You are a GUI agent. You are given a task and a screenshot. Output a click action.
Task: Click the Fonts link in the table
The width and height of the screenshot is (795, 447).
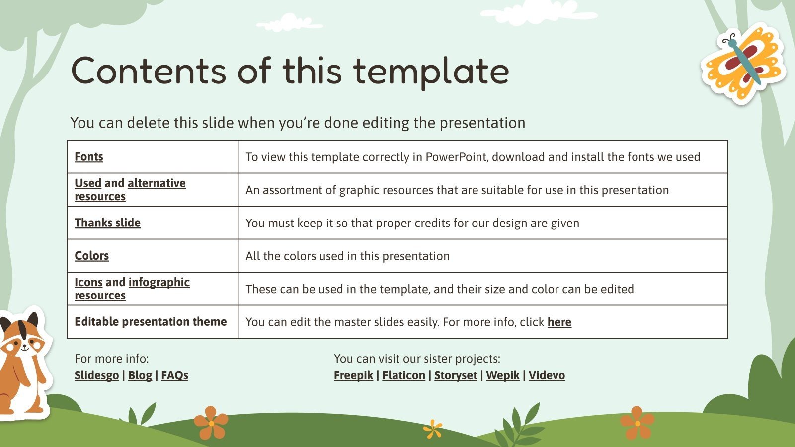89,156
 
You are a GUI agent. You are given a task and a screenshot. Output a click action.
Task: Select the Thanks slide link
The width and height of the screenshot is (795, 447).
107,223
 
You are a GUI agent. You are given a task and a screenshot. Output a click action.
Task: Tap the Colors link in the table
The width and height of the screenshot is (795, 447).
91,255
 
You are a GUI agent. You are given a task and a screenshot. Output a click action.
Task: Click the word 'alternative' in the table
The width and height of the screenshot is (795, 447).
157,183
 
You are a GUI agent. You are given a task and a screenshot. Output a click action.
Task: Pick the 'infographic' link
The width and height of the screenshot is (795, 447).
159,282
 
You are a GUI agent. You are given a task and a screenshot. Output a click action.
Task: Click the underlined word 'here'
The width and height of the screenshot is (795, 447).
559,322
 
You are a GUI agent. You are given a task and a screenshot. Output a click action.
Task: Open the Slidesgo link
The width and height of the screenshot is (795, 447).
96,375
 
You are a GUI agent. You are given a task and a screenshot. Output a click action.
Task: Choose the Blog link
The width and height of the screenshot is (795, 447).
140,375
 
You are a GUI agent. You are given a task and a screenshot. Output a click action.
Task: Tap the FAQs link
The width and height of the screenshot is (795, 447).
174,375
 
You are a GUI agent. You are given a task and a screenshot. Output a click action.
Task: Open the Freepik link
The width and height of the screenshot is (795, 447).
353,375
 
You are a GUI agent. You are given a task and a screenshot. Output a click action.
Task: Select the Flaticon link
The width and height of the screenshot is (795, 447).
403,375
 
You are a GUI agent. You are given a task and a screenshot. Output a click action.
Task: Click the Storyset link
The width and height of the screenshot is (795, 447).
456,375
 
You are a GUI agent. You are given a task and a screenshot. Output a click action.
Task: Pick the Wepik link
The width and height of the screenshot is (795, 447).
503,375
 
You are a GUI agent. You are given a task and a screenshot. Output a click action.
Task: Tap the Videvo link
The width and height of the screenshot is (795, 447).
547,375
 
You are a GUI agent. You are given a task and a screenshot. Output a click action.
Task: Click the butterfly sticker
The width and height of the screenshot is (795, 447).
743,64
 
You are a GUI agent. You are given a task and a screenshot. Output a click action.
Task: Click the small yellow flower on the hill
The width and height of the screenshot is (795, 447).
433,429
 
